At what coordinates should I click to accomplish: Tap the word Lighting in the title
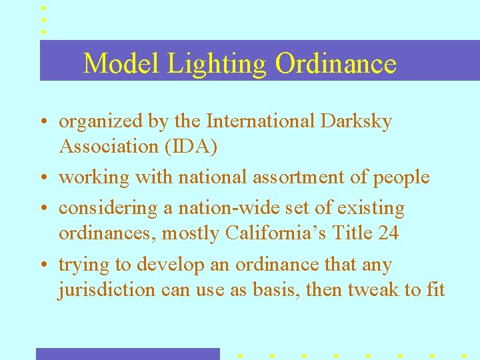(217, 64)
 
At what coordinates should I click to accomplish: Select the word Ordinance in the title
(335, 64)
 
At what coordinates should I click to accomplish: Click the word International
(261, 121)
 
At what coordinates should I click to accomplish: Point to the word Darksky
(356, 121)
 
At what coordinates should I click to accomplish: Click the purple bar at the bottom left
(127, 354)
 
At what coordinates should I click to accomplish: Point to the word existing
(371, 208)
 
